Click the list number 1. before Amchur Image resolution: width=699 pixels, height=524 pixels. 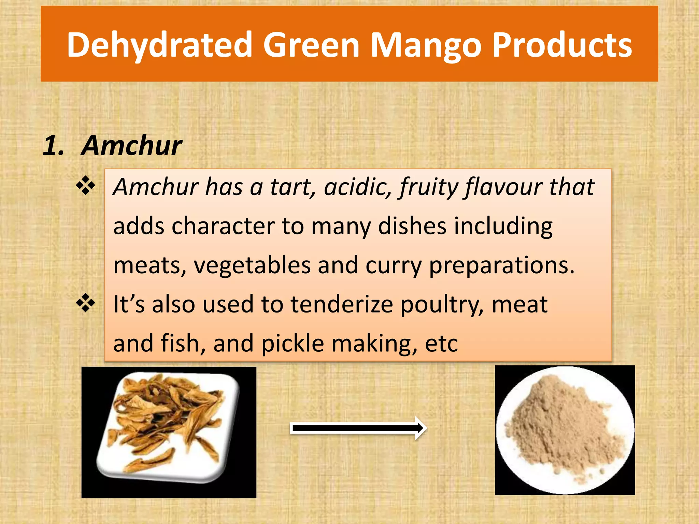[x=54, y=146]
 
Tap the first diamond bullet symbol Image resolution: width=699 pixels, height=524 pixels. [x=86, y=186]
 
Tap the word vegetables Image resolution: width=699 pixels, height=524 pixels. [x=252, y=265]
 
